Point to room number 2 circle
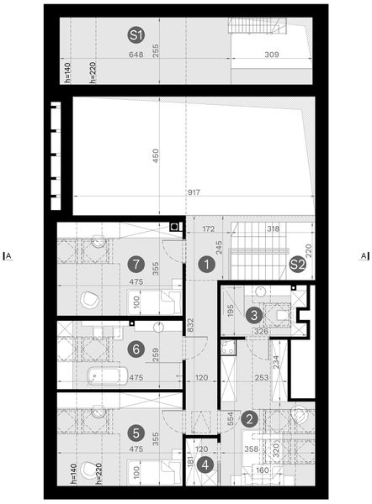tap(249, 417)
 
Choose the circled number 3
tap(255, 315)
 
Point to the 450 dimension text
tap(155, 158)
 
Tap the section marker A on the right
tap(364, 255)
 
